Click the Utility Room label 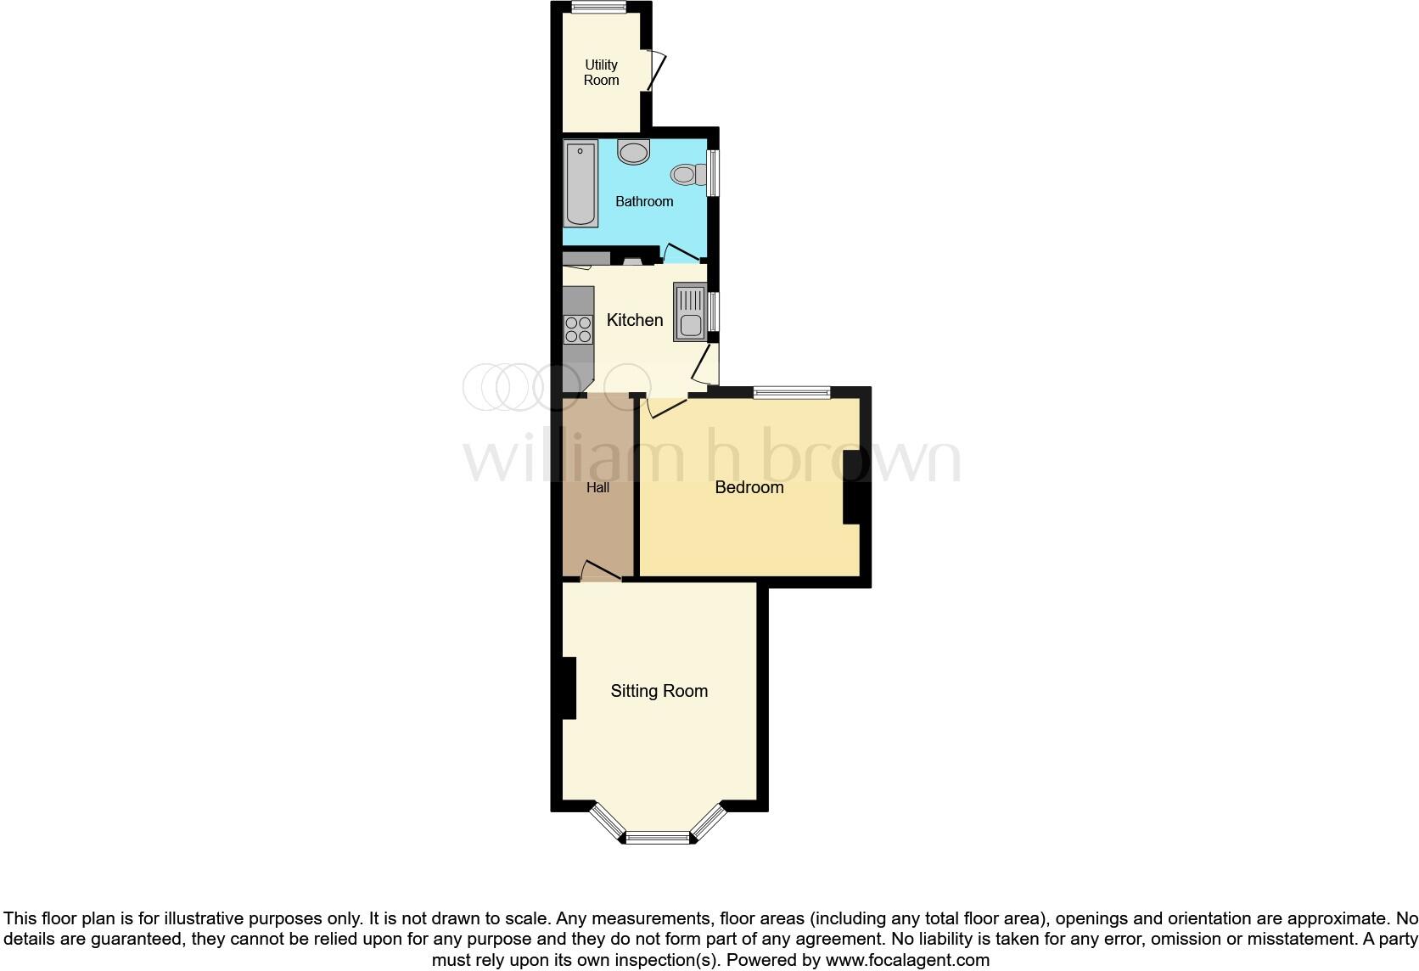click(601, 72)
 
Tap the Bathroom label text click(644, 201)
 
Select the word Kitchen click(635, 320)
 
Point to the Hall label click(597, 487)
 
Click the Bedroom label click(749, 487)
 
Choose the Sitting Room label click(659, 691)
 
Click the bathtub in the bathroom click(581, 184)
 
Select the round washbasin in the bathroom click(633, 153)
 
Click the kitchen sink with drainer click(690, 312)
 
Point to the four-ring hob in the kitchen click(578, 329)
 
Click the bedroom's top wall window click(791, 392)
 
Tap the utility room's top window click(598, 8)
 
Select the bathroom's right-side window click(714, 173)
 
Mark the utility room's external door click(656, 70)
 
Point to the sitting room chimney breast click(568, 688)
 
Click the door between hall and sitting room click(601, 571)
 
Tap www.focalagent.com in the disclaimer click(906, 961)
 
